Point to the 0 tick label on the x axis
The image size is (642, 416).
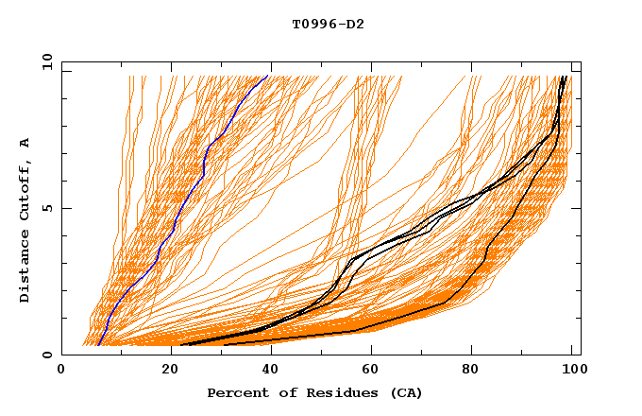62,372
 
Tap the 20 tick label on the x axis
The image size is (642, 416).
164,372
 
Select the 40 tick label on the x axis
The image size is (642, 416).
266,372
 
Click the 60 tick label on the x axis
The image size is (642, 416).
368,372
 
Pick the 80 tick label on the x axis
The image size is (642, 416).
470,372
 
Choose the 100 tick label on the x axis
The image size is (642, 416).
569,372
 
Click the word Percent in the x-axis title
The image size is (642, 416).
237,392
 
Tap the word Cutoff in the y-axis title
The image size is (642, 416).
25,190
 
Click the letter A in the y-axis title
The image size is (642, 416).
25,142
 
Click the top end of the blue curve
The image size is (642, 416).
267,76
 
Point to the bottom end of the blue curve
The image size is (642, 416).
98,345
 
